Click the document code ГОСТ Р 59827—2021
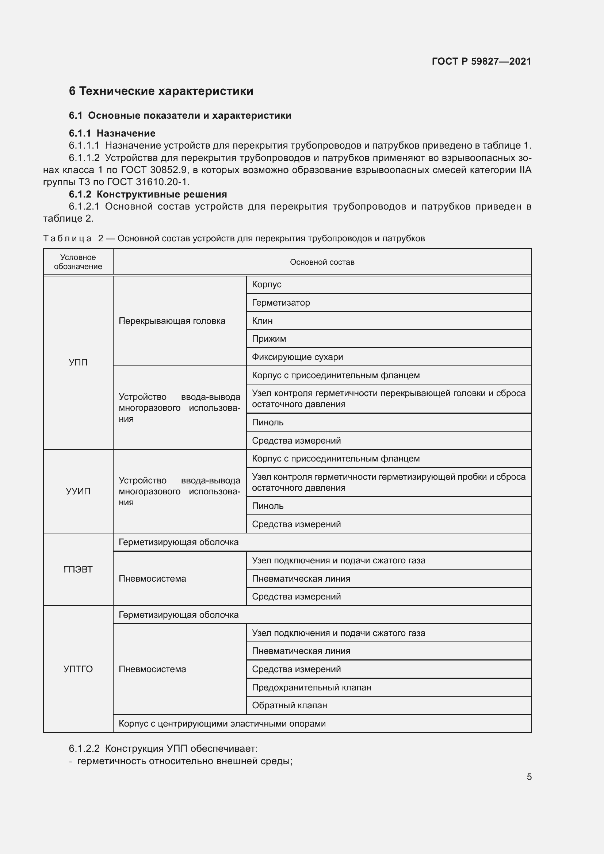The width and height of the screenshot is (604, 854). [x=481, y=61]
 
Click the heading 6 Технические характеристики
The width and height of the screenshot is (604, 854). [x=161, y=91]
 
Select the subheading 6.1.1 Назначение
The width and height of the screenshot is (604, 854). [x=112, y=133]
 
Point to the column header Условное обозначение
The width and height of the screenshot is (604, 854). [x=78, y=262]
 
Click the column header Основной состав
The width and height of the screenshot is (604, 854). [x=322, y=262]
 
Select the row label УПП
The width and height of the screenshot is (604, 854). [x=78, y=362]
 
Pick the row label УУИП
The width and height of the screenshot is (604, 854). [x=78, y=491]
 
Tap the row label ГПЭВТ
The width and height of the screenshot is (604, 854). [x=78, y=569]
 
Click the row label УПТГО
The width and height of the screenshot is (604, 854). [x=78, y=669]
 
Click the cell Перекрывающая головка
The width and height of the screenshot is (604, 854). [x=172, y=321]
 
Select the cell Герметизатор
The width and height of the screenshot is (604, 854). [x=281, y=303]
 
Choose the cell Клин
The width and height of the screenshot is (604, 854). [x=262, y=321]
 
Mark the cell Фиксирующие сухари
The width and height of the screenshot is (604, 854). [x=297, y=357]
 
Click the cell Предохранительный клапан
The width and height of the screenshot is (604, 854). [x=311, y=688]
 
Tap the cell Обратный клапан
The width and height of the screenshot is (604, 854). [x=289, y=705]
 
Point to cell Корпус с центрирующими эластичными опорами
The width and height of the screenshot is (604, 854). [x=222, y=723]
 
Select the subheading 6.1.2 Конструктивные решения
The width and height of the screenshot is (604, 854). [x=148, y=194]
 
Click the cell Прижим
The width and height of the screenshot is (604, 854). [x=269, y=339]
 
